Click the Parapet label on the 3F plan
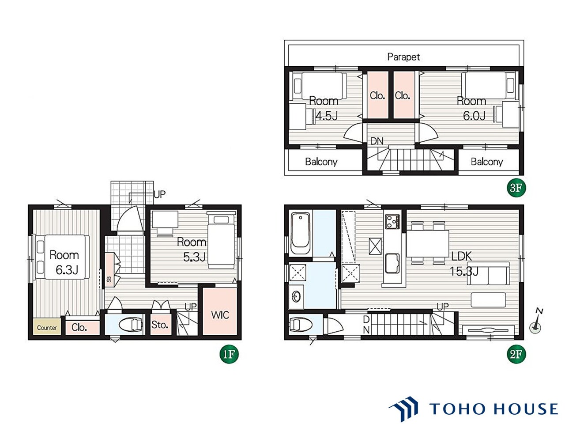pos(403,57)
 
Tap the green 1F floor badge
pos(229,354)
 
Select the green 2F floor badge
pos(516,354)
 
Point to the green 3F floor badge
pos(516,188)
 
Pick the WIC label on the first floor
pos(220,315)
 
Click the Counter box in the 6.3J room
pos(47,327)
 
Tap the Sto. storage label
pos(160,325)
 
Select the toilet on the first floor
pos(131,325)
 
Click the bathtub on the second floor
pos(300,233)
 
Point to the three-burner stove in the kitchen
pos(392,222)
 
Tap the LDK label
pos(462,256)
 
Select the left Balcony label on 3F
pos(321,162)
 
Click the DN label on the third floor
pos(377,141)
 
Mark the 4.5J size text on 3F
pos(326,116)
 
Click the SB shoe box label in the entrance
pos(109,279)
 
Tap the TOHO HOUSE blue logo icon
pos(403,409)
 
